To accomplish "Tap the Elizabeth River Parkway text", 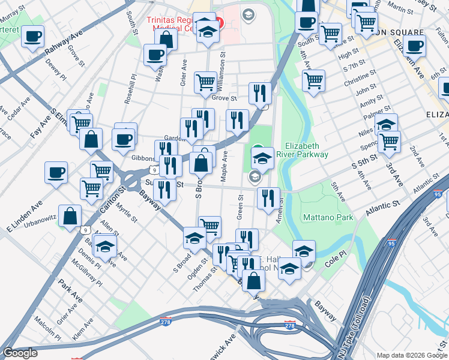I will pos(307,150).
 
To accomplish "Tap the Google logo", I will pos(20,353).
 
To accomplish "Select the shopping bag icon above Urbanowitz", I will pos(70,217).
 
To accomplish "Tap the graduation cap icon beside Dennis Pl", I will pos(105,246).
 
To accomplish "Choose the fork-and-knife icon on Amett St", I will pos(268,197).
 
